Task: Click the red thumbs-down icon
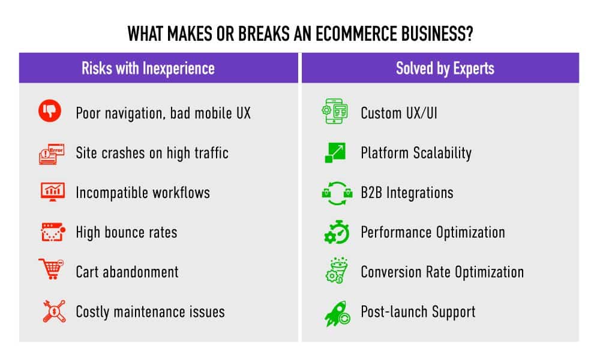50,111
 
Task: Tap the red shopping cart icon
51,269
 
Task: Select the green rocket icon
337,313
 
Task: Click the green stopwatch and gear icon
337,232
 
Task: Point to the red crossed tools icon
53,311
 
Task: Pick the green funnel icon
337,270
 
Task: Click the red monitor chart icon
52,191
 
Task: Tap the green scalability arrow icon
335,152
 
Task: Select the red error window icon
52,154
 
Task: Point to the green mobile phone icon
335,111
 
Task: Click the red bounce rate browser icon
53,232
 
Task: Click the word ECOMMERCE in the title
356,34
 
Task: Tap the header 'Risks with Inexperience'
148,68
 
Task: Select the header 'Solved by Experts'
445,68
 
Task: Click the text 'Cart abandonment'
127,272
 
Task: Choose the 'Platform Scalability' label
416,153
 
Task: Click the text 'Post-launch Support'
418,312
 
